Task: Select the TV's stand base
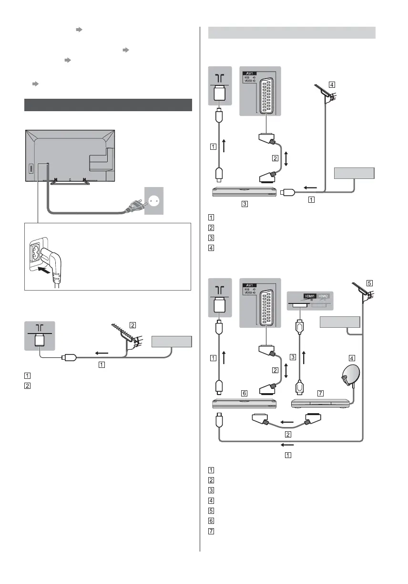(x=71, y=181)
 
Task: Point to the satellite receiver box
(x=320, y=404)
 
